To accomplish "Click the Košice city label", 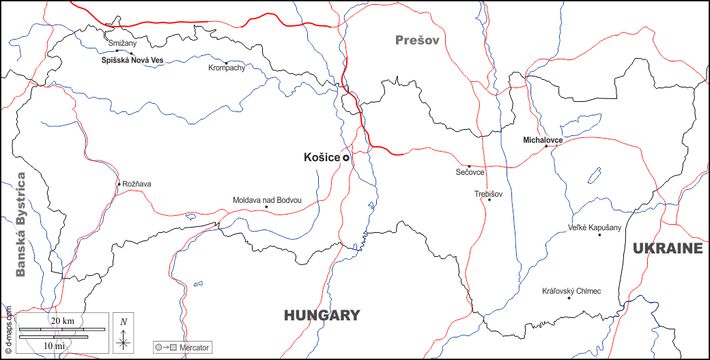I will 322,158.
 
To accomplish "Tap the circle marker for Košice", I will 346,158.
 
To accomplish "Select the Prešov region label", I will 417,40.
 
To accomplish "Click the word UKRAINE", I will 667,249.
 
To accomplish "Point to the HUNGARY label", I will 322,316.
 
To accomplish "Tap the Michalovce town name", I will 542,140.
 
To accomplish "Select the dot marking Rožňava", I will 119,184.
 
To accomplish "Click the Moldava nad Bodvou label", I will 267,200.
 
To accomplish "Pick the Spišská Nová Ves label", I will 132,61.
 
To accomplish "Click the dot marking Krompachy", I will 226,63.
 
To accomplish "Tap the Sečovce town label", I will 470,173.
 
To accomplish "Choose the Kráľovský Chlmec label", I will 571,292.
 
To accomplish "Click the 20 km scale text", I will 63,321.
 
